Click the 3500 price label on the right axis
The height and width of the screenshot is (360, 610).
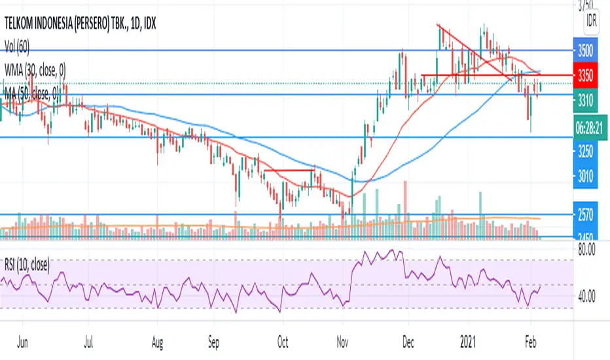[x=586, y=50]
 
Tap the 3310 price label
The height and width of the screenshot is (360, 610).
[x=586, y=100]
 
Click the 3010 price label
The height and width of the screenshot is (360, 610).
[x=586, y=175]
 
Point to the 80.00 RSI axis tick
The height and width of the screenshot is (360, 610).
[x=586, y=249]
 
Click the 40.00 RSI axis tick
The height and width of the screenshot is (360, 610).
[x=586, y=296]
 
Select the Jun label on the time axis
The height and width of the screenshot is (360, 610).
[x=22, y=341]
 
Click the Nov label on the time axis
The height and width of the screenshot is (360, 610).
[x=342, y=341]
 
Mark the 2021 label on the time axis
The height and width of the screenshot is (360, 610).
[x=468, y=341]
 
